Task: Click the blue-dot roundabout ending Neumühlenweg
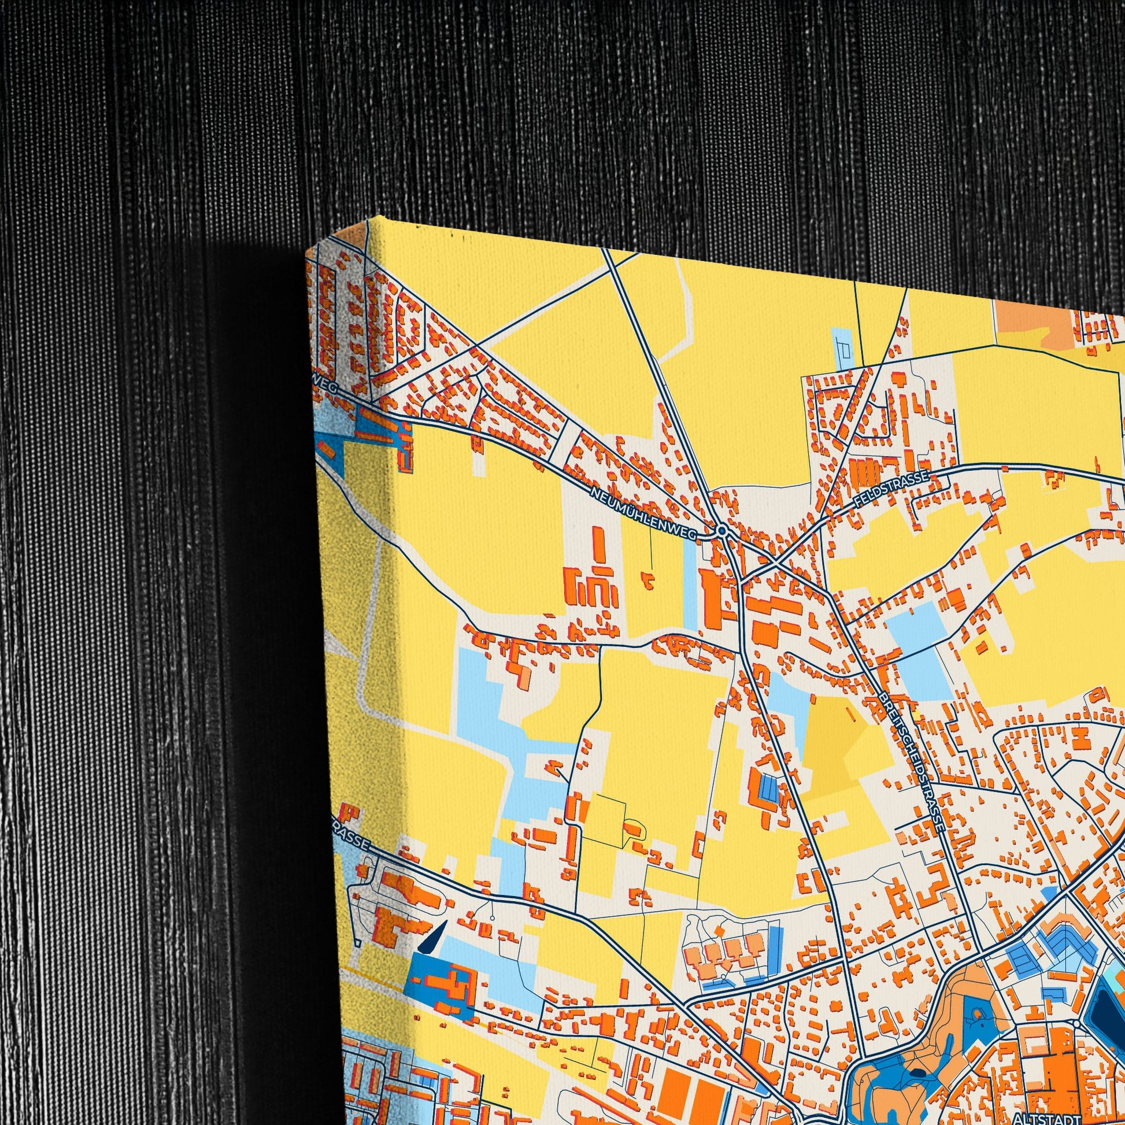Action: (722, 531)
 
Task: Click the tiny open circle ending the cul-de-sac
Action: (493, 918)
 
